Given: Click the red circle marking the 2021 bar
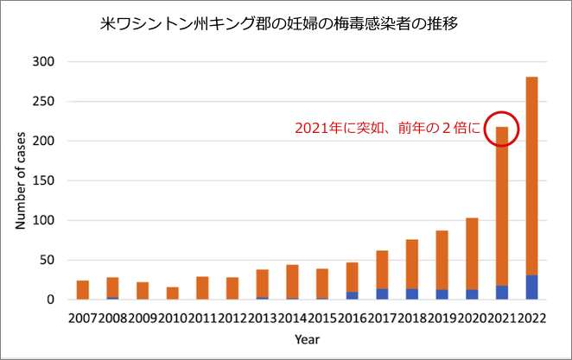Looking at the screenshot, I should [502, 127].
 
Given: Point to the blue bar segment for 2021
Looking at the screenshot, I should [502, 293].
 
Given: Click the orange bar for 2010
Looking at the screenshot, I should [173, 294].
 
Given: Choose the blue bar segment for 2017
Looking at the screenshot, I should [382, 294].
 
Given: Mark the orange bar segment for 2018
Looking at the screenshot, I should [412, 264].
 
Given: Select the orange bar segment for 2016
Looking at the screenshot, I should [353, 277].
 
